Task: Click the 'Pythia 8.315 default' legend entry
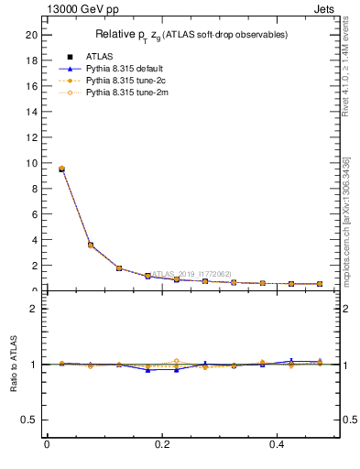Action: [x=122, y=69]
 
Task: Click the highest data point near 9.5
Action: [x=61, y=169]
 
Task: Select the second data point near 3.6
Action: [x=90, y=245]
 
